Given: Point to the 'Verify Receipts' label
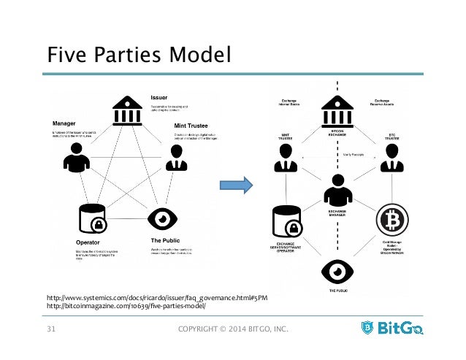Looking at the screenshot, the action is [x=356, y=155].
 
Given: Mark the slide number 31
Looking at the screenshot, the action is [x=50, y=335].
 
